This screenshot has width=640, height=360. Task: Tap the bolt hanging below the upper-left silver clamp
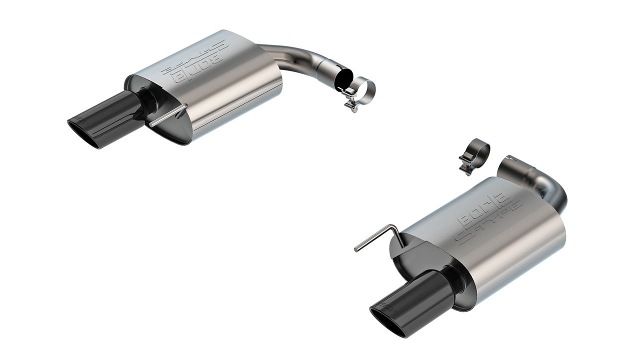pyautogui.click(x=352, y=105)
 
